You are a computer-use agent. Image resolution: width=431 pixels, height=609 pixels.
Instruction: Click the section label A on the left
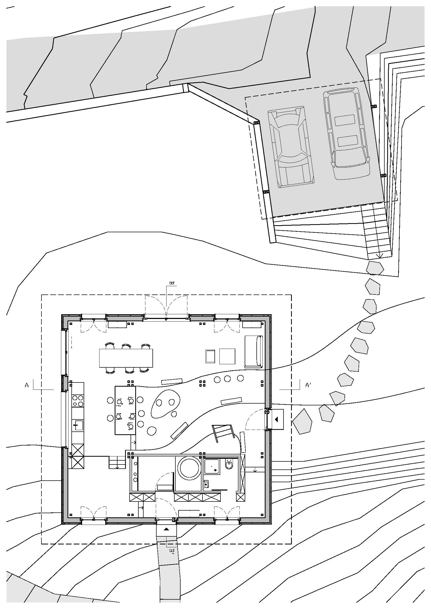[x=27, y=385]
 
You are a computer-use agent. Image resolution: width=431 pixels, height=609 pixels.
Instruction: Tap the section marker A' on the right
[x=308, y=385]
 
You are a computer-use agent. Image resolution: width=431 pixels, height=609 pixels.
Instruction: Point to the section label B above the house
[x=171, y=283]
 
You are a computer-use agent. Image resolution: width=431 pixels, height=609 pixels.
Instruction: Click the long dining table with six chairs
[x=126, y=358]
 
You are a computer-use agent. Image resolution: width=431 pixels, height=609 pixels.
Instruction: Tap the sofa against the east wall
[x=254, y=351]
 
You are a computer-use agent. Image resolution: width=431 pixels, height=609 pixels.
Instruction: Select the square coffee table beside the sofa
[x=227, y=356]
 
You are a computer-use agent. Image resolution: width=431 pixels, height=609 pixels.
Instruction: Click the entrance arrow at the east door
[x=277, y=419]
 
